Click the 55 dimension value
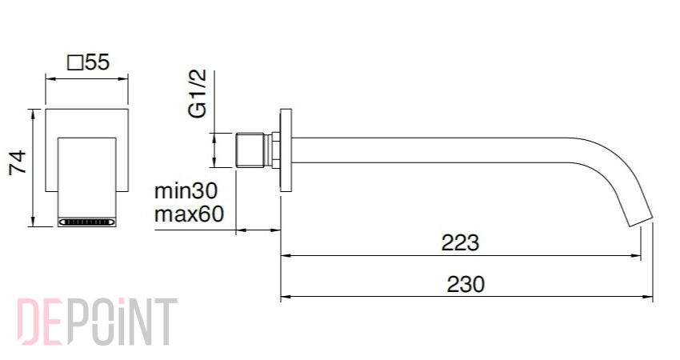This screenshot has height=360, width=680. point(98,62)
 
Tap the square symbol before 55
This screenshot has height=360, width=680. point(75,63)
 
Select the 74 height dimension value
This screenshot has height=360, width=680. point(18,162)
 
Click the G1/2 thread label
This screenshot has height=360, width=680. point(198,94)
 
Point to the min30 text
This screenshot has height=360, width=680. point(186,190)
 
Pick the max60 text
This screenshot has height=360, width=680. point(189,214)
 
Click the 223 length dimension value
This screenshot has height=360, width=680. point(460,242)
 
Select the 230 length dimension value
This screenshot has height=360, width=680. point(466,285)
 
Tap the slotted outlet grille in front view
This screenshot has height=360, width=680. point(87,222)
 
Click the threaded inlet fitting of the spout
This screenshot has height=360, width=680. point(250,150)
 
